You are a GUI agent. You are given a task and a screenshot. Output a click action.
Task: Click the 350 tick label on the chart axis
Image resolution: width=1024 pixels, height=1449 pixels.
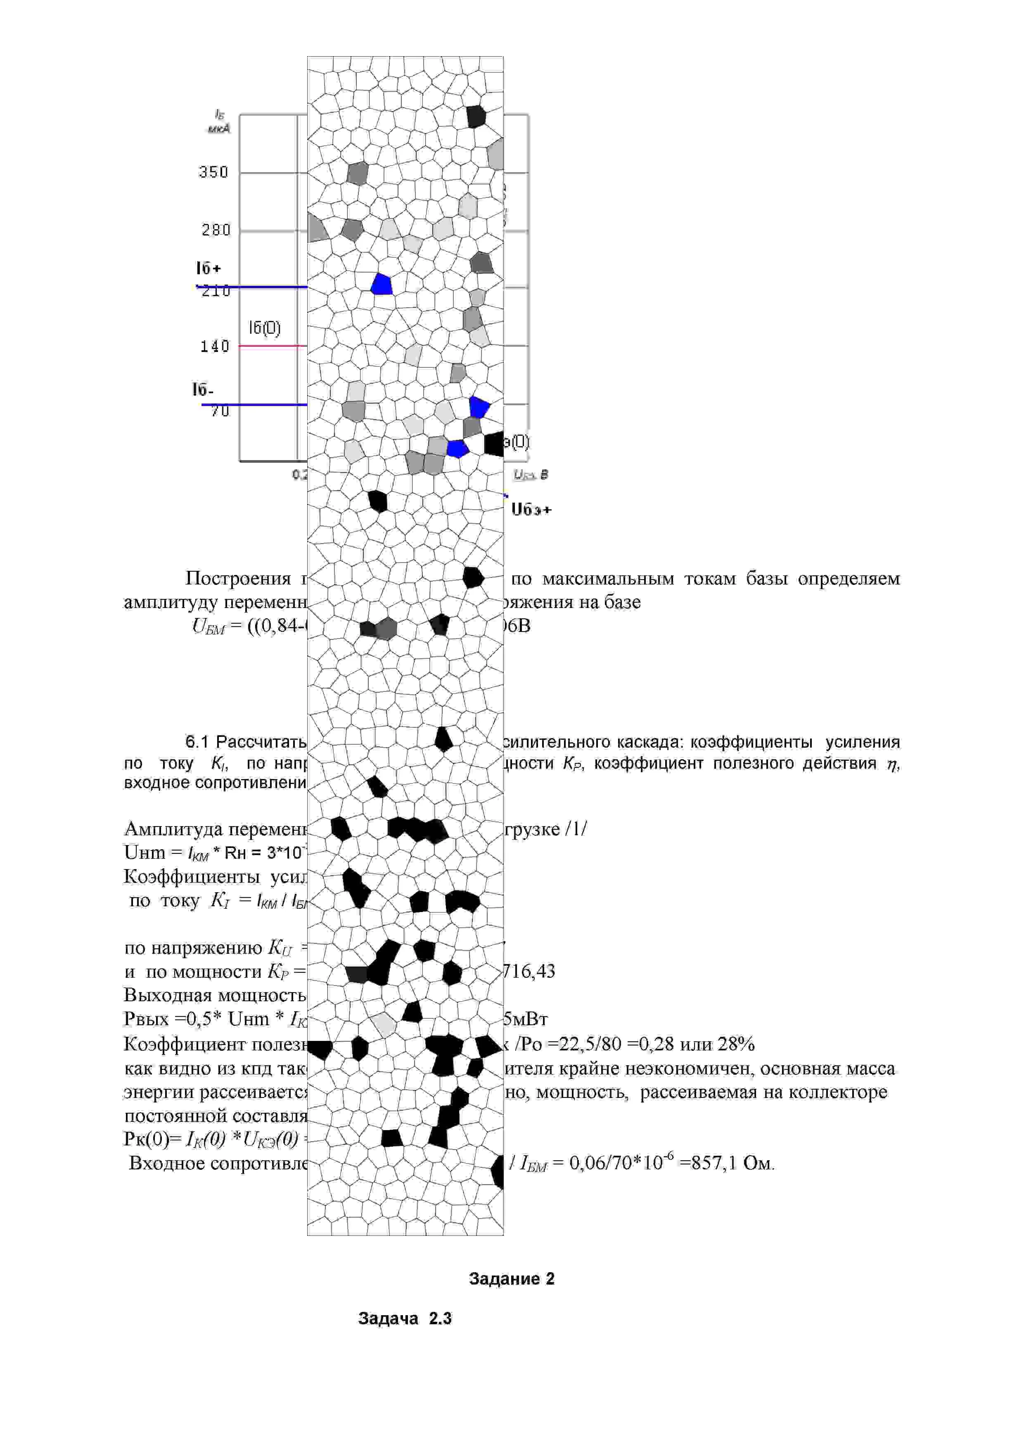pos(213,172)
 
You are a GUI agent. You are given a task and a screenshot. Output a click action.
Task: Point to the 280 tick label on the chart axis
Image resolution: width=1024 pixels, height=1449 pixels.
pos(216,230)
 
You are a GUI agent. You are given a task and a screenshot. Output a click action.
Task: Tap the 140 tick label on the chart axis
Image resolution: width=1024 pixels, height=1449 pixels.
pos(215,347)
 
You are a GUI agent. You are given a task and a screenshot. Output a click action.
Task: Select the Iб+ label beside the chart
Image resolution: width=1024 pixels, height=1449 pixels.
pos(208,268)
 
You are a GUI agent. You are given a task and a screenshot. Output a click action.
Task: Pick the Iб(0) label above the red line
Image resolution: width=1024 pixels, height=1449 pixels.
pos(264,328)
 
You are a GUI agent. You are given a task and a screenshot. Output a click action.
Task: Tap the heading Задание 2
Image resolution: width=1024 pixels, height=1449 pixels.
pos(512,1278)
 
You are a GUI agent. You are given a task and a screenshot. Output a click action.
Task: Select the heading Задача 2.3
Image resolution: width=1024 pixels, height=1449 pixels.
pos(405,1318)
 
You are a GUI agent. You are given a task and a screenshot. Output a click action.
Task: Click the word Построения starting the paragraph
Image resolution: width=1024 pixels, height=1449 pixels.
pos(238,578)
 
